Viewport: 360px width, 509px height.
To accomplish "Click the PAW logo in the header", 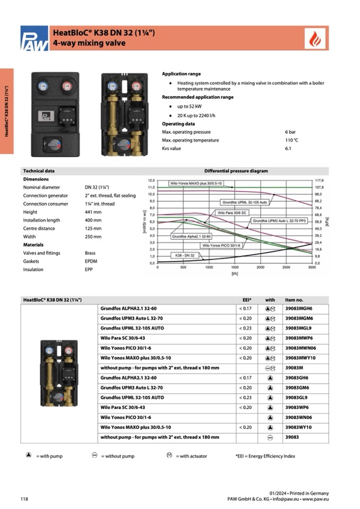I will tap(33, 39).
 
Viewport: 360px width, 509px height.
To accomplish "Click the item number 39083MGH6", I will tap(299, 308).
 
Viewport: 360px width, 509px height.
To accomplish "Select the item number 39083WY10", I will tap(298, 427).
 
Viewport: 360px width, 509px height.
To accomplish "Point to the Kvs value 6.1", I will tap(288, 149).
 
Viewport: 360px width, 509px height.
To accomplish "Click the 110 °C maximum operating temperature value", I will tap(292, 140).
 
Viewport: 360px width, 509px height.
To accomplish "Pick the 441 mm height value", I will tap(93, 212).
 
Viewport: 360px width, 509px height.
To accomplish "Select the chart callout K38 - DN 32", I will tap(185, 255).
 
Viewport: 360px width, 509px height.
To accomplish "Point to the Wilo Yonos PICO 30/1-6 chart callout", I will tap(221, 245).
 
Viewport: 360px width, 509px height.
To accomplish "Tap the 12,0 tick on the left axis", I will tap(151, 180).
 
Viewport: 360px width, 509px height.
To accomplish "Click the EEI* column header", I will tap(247, 300).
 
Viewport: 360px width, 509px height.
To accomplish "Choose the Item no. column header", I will tap(294, 300).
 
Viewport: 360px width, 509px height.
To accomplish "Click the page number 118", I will tap(24, 499).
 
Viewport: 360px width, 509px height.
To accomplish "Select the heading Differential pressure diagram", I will tap(236, 171).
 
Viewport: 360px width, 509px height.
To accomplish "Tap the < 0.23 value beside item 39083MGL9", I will tap(245, 328).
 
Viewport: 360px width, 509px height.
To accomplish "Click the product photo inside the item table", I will tap(59, 370).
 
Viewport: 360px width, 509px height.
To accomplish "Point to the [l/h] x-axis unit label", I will tap(234, 274).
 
